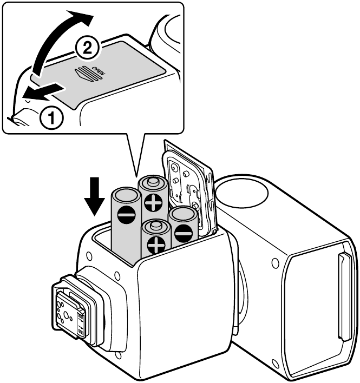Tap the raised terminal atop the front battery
click(156, 224)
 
